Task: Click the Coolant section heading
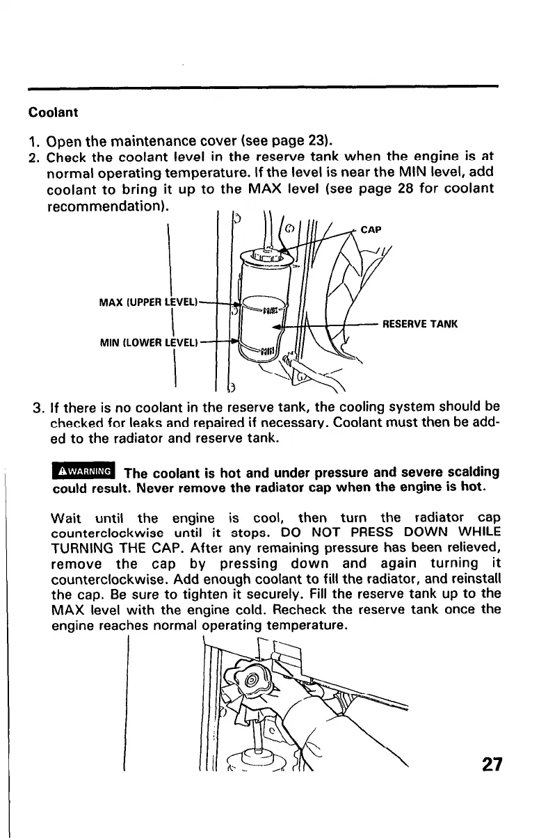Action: (53, 112)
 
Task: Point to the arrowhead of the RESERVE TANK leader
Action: (277, 325)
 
